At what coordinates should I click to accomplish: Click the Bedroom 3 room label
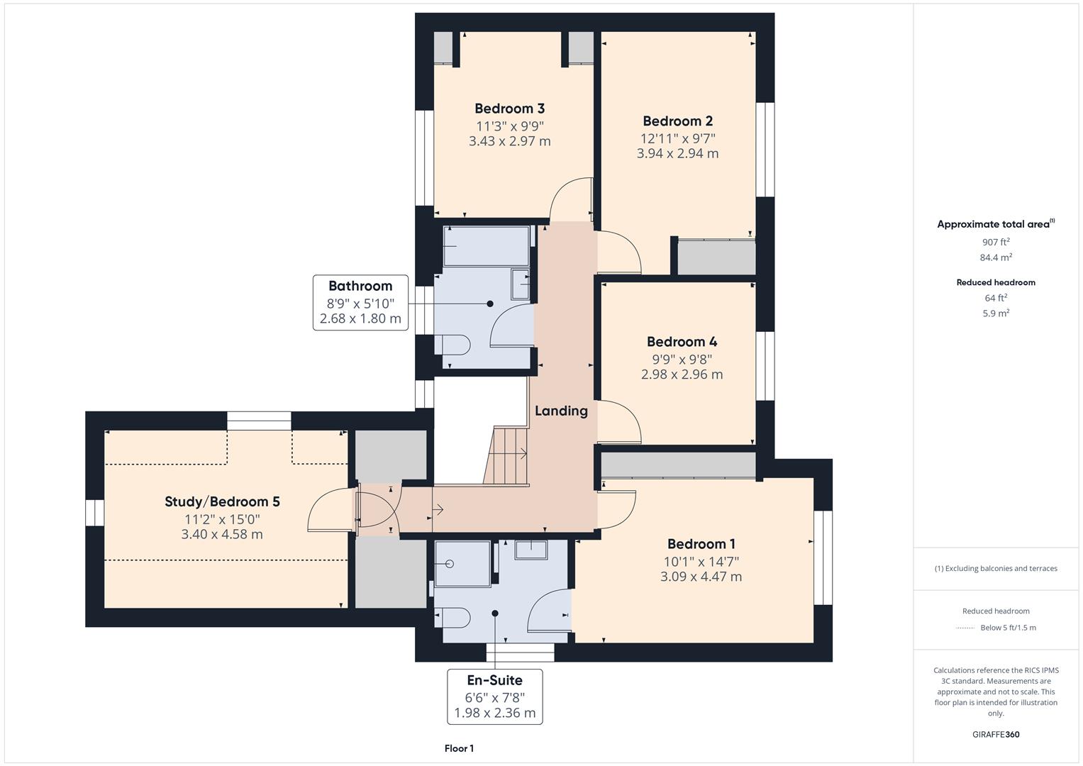pos(509,109)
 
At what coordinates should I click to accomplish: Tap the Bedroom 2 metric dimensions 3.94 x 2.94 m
pos(677,153)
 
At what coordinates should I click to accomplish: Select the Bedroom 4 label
pos(682,342)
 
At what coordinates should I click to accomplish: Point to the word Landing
pos(561,411)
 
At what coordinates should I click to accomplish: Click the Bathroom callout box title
pos(360,287)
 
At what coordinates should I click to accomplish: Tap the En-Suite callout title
pos(494,680)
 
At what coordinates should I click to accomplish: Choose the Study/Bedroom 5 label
pos(222,501)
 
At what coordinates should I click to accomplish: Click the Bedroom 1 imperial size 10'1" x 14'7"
pos(701,562)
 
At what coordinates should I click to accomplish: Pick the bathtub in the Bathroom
pos(487,246)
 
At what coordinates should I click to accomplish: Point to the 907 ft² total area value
pos(996,242)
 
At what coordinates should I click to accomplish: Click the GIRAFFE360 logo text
pos(996,734)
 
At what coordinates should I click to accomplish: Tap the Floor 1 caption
pos(459,748)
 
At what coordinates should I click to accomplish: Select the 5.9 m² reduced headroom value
pos(996,313)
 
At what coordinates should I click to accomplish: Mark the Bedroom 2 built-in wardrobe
pos(716,257)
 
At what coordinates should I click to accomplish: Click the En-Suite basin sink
pos(531,549)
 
